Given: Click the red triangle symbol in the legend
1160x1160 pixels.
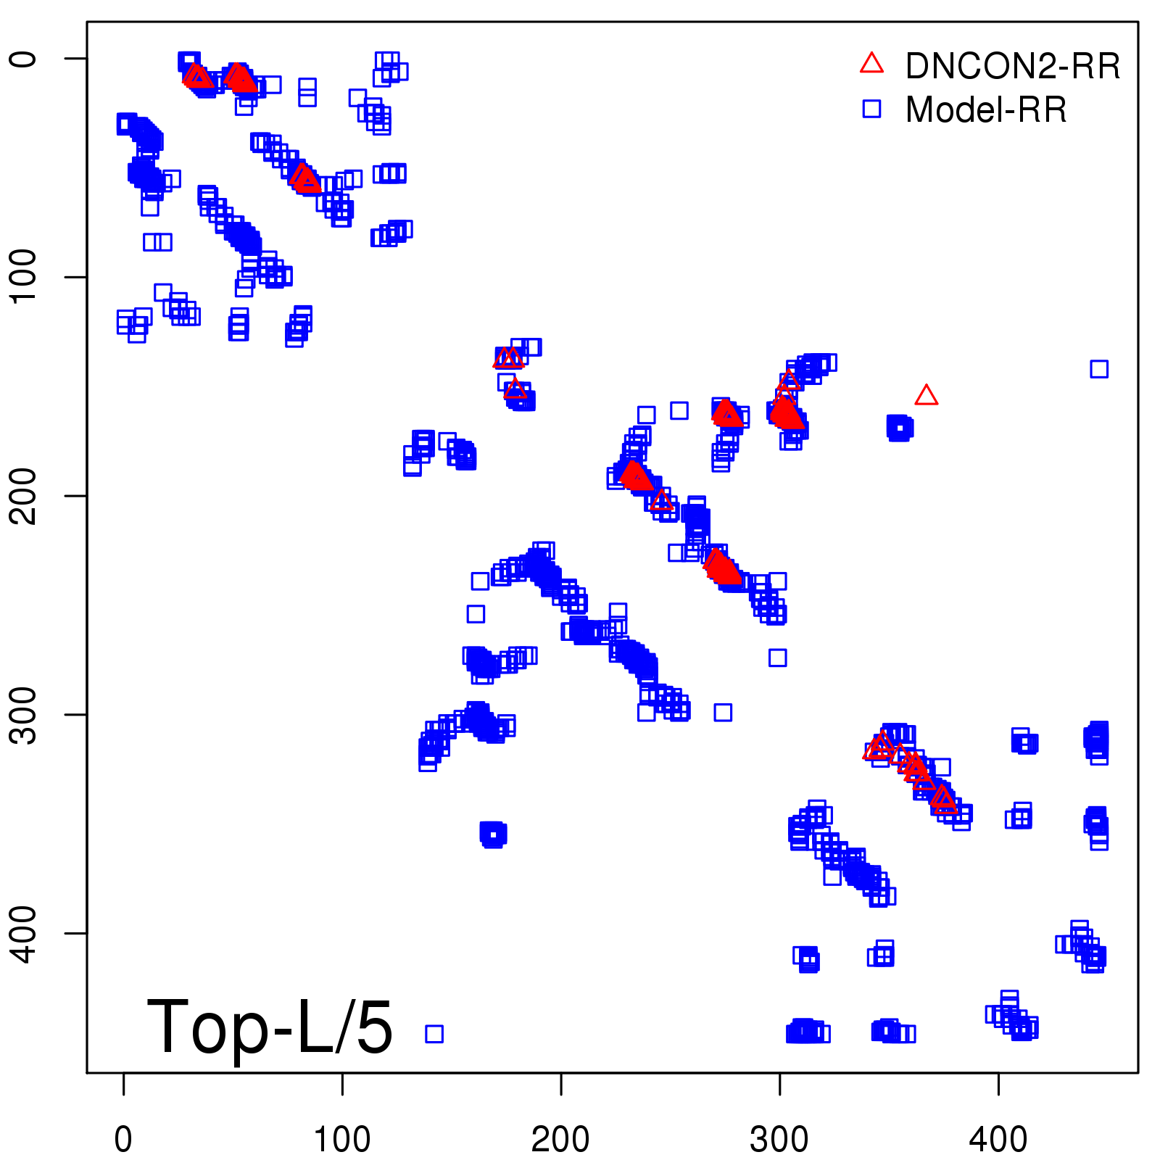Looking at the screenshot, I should pos(871,64).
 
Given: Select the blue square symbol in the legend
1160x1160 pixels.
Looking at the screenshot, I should pos(871,109).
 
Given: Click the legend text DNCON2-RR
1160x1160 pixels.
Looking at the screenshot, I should pos(1012,66).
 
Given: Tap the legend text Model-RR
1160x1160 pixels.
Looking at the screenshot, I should pos(986,110).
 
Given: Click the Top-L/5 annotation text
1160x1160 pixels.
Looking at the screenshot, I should pos(270,1027).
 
